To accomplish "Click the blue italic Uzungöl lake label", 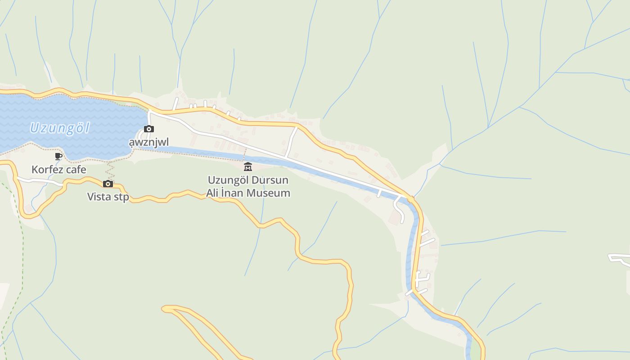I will coord(60,128).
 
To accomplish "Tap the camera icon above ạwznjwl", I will coord(149,129).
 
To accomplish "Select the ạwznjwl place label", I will coord(149,143).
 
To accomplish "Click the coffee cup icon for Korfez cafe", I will coord(58,156).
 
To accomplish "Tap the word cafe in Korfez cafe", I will coord(76,170).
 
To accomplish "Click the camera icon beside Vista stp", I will coord(108,184).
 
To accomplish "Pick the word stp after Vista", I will coord(121,197).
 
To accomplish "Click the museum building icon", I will coord(247,167).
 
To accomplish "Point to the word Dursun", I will coord(270,180).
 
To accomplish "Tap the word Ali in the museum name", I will coord(214,193).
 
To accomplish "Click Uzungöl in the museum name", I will coord(228,180).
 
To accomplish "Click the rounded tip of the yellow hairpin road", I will coord(166,309).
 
